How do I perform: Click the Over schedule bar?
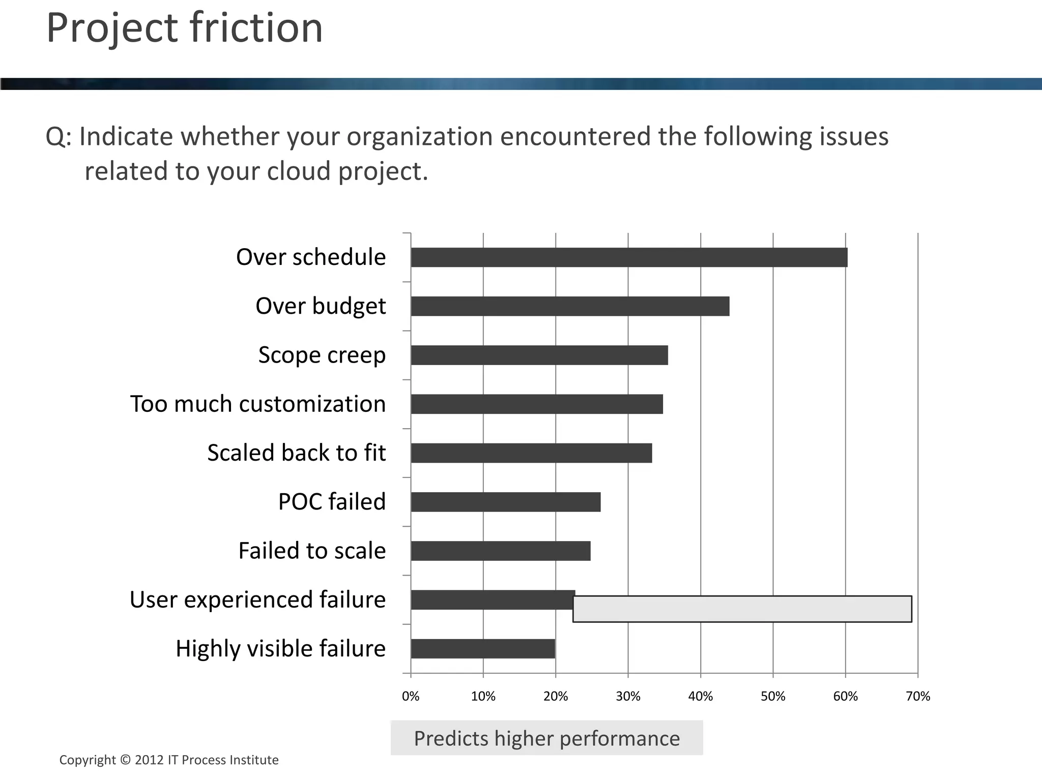[629, 257]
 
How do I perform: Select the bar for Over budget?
[570, 306]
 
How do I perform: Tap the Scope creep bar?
[539, 355]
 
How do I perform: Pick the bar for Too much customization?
[537, 404]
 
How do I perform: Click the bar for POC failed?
[505, 502]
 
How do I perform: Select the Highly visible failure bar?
[483, 649]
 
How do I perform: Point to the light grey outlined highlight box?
[742, 609]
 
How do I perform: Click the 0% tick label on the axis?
[411, 696]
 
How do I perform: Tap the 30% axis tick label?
[628, 696]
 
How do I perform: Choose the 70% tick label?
[918, 696]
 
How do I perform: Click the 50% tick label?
[773, 696]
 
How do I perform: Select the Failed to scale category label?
[312, 551]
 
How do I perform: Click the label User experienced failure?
[257, 599]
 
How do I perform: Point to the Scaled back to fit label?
[296, 453]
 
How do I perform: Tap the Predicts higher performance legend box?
[546, 738]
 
